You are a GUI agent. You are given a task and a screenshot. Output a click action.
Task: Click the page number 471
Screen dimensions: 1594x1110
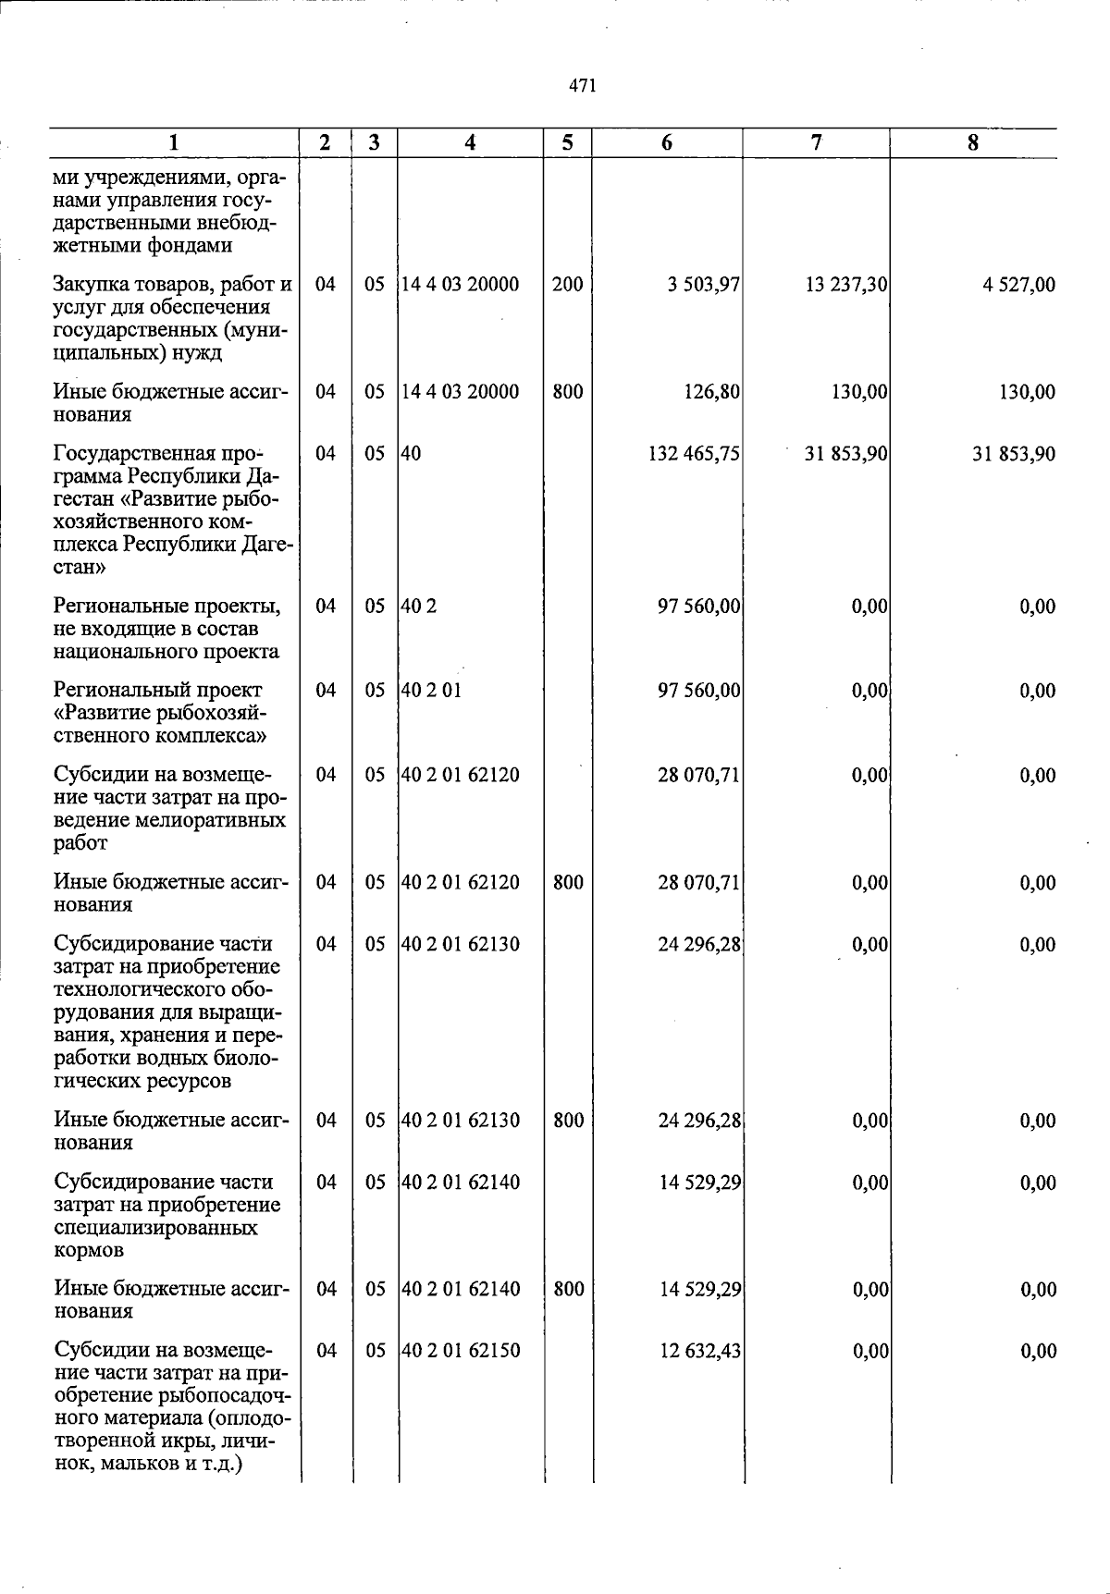pyautogui.click(x=582, y=86)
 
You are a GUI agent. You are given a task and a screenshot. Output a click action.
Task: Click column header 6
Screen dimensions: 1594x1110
pyautogui.click(x=667, y=142)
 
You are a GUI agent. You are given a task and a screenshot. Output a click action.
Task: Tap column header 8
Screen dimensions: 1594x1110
pyautogui.click(x=972, y=142)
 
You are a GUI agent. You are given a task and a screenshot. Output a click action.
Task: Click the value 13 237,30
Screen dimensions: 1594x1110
pyautogui.click(x=846, y=285)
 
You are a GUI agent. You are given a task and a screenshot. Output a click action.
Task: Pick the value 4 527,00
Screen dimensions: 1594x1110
pyautogui.click(x=1018, y=285)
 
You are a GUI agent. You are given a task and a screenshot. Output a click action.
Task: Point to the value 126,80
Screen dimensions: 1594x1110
pyautogui.click(x=710, y=392)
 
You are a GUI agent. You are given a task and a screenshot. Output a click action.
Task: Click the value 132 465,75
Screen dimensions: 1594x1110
pyautogui.click(x=694, y=454)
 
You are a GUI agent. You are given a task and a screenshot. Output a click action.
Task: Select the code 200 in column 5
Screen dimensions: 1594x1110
pyautogui.click(x=567, y=285)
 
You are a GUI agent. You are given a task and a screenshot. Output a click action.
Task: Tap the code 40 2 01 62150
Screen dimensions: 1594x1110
pyautogui.click(x=461, y=1351)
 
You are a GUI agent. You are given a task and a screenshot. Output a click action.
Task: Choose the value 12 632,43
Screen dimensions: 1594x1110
pyautogui.click(x=700, y=1351)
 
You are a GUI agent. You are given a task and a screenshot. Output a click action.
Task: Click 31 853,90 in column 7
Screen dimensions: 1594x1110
pyautogui.click(x=846, y=454)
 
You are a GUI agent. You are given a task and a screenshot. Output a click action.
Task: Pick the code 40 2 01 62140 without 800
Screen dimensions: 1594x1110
pyautogui.click(x=461, y=1183)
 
